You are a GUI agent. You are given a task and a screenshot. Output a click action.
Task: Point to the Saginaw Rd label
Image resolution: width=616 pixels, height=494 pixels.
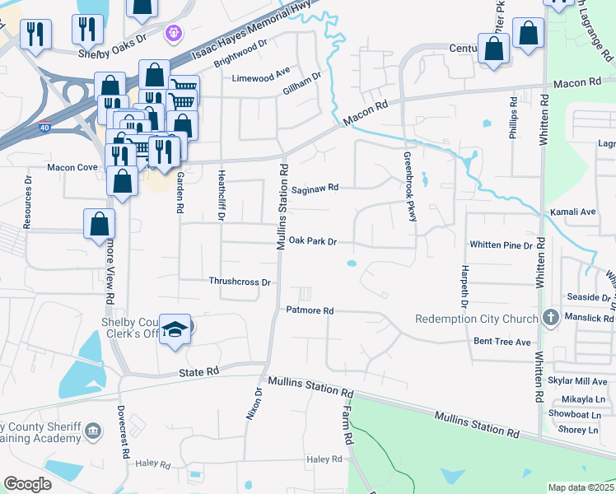click(315, 188)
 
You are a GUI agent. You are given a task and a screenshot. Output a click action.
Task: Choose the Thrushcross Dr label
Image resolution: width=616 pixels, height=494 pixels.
click(240, 282)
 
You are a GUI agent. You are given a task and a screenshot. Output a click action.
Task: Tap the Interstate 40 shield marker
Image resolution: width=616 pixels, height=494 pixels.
click(44, 128)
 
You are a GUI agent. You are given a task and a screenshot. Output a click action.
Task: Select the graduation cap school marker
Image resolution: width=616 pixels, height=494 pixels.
click(175, 329)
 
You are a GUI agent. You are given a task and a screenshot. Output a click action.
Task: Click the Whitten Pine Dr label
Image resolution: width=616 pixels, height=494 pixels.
click(501, 245)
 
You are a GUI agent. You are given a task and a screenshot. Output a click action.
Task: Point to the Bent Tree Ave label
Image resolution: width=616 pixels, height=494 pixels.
click(501, 341)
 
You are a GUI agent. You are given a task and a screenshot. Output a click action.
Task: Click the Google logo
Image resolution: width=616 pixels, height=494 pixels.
click(27, 484)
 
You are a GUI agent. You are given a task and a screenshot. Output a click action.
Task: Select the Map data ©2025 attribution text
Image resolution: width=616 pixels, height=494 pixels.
click(581, 487)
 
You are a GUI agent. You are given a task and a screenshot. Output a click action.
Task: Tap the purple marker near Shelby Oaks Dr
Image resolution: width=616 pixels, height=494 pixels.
click(173, 34)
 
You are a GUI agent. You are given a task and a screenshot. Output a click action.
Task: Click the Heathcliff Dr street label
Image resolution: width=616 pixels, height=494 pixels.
click(221, 196)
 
